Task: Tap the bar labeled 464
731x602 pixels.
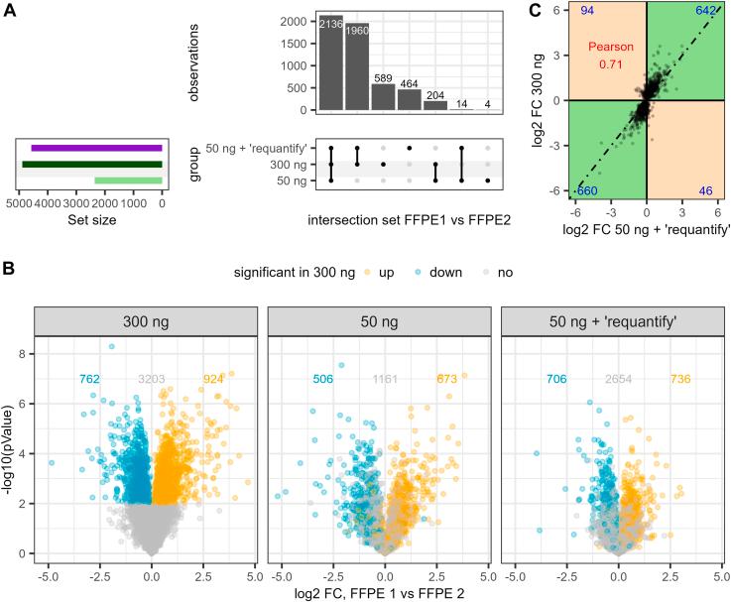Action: tap(410, 100)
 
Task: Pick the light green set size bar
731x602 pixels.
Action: tap(128, 180)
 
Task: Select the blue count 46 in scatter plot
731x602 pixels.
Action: tap(705, 189)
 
